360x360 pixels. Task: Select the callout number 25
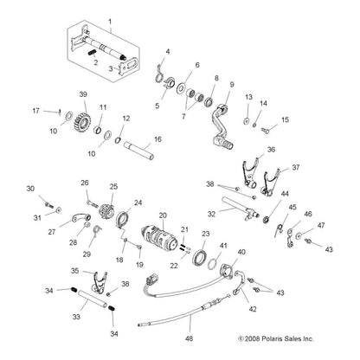112,185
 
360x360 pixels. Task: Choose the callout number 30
30,189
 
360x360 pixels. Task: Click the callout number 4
168,51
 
